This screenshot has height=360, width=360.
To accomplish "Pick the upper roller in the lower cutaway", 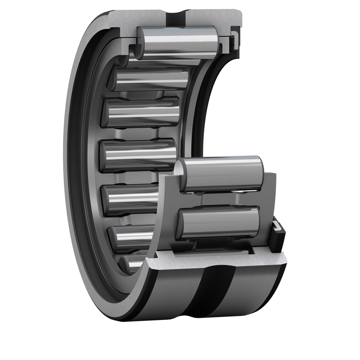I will (220, 173).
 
